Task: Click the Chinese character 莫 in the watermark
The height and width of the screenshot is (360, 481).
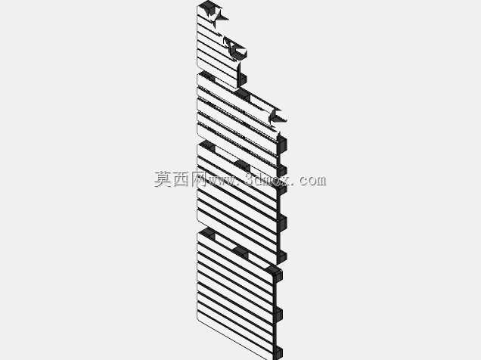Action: (163, 179)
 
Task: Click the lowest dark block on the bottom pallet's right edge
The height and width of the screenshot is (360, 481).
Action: (278, 353)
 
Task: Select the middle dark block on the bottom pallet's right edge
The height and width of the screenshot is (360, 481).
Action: (278, 314)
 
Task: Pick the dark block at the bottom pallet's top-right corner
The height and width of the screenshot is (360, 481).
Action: (275, 272)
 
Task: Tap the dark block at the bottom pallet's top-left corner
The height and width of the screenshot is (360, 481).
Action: (207, 234)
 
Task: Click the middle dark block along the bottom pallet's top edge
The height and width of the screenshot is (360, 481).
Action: (241, 252)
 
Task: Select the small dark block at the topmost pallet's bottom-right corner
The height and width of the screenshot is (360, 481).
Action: (242, 79)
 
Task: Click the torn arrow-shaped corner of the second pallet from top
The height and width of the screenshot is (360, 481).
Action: (278, 117)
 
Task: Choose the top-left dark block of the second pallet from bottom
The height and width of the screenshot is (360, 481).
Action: (207, 147)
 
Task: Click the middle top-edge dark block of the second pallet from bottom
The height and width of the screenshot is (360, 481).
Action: (242, 166)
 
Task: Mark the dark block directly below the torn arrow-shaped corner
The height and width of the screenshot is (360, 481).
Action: (282, 144)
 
